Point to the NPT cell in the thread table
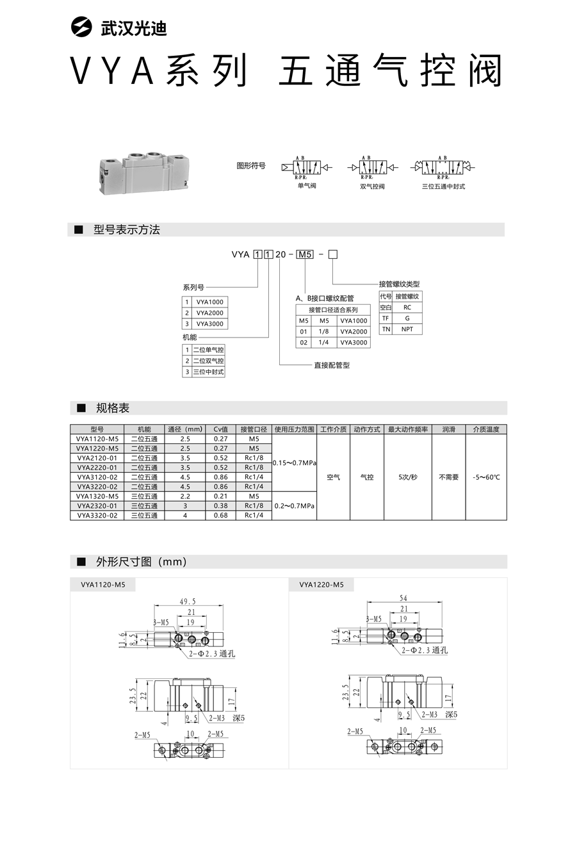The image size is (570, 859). [x=407, y=329]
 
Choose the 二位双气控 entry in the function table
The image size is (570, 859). [x=209, y=361]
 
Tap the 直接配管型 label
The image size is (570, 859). [x=332, y=365]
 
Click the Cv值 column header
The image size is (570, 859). [x=220, y=429]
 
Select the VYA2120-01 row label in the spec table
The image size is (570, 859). [x=97, y=458]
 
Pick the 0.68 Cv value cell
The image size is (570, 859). [x=220, y=515]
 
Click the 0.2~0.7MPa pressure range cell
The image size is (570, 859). [x=294, y=505]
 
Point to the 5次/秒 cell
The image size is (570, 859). [x=407, y=477]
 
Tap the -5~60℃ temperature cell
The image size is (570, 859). [x=486, y=477]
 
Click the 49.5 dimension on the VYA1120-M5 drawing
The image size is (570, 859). [x=188, y=601]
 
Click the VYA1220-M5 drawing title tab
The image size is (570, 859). [x=322, y=584]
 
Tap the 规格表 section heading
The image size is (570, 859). [x=112, y=408]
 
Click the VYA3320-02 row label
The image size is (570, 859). [x=97, y=515]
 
